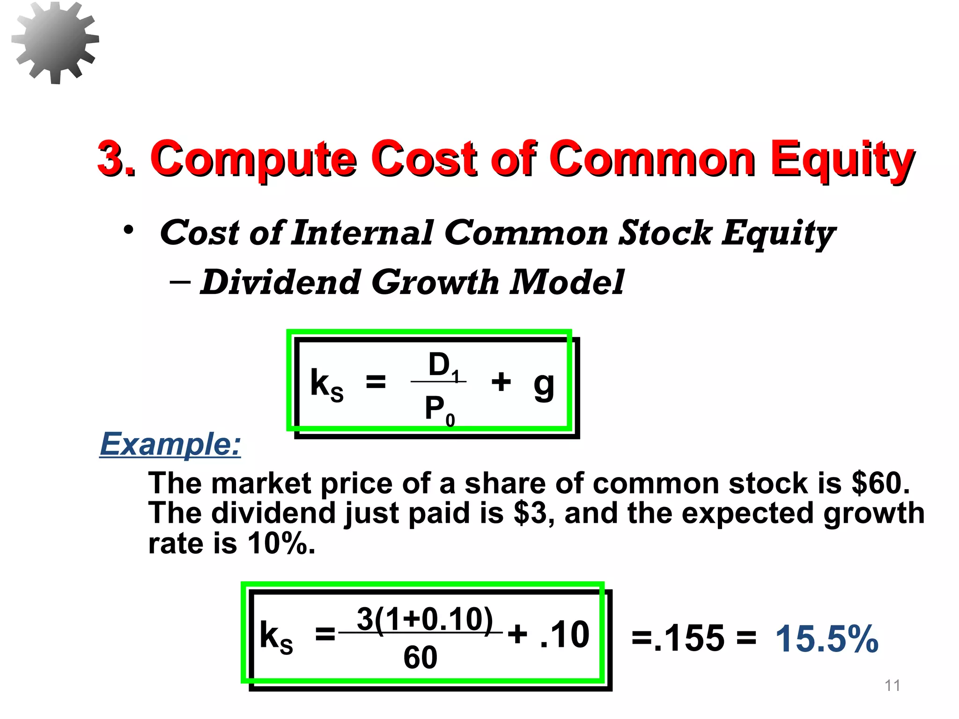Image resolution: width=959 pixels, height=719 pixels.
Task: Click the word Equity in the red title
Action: coord(841,159)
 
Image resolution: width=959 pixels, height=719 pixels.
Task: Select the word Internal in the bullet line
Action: coord(362,233)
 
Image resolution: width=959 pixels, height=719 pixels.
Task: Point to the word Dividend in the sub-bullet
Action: coord(280,282)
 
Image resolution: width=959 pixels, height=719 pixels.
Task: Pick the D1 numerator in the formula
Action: coord(443,365)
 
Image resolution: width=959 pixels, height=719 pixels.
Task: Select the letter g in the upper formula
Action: coord(544,385)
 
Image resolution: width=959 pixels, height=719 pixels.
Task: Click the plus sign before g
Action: coord(501,381)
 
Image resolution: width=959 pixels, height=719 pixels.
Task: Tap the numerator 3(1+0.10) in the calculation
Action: coord(424,619)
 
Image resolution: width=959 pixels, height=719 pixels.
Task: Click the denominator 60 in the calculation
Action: coord(420,657)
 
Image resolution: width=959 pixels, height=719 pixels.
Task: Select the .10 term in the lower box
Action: coord(565,635)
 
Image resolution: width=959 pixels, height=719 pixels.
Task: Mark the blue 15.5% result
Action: coord(826,639)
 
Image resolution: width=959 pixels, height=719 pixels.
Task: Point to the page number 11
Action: coord(893,686)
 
